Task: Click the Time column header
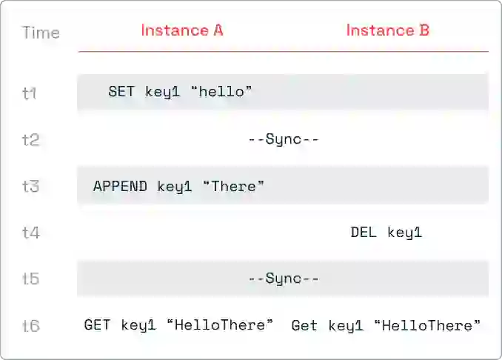[41, 33]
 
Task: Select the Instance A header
[182, 30]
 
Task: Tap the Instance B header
[388, 30]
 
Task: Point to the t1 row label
[29, 93]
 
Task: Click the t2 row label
[31, 140]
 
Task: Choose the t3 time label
[31, 186]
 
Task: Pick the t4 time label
[31, 233]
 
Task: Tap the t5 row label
[31, 279]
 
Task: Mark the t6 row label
[31, 326]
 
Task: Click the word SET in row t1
[121, 92]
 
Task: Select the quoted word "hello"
[221, 92]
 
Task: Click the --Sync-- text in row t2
[284, 139]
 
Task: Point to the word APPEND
[120, 187]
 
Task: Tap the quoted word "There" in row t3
[234, 186]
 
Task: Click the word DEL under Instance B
[364, 232]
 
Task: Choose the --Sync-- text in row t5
[284, 279]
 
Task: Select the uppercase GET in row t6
[97, 324]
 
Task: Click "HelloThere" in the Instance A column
[220, 324]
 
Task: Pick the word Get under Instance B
[304, 326]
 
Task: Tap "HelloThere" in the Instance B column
[428, 325]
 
